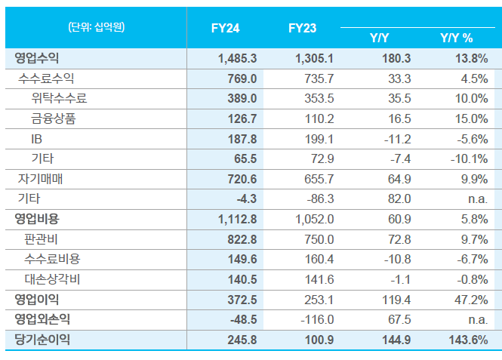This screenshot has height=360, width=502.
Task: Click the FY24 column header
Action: pos(225,28)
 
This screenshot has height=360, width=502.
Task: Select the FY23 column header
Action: pos(302,28)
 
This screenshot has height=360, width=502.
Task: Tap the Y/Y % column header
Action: pos(456,38)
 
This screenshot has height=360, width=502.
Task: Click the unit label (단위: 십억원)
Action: pos(96,27)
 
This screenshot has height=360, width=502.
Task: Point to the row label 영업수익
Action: pos(36,58)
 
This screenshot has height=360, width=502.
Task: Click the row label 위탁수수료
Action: pos(60,99)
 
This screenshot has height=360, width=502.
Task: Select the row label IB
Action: pos(37,139)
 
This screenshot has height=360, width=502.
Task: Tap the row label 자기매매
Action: pos(40,179)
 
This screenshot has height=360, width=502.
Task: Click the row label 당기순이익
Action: pos(42,340)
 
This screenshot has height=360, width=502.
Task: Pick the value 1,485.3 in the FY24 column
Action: pos(237,58)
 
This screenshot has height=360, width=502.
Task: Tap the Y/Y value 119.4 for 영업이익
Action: pos(396,300)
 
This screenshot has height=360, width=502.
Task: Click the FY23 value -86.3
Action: pos(319,199)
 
